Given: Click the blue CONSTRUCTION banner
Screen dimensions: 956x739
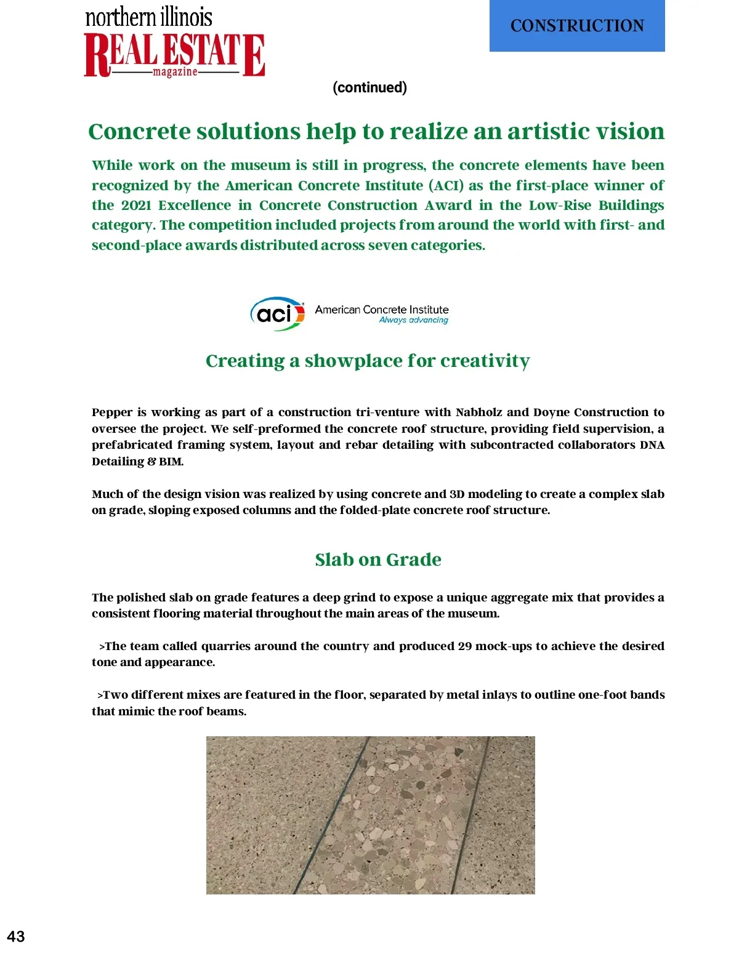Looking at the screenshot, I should click(x=577, y=26).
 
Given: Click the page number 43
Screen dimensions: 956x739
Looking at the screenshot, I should click(x=16, y=936).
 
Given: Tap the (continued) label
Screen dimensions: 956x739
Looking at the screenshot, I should click(x=369, y=87).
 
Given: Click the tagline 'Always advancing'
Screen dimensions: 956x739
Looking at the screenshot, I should click(x=413, y=320).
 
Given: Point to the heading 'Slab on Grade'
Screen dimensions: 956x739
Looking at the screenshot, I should click(x=378, y=560).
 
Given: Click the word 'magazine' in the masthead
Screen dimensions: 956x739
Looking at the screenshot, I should click(x=175, y=72).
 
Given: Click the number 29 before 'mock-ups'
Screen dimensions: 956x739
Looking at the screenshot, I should click(x=465, y=646).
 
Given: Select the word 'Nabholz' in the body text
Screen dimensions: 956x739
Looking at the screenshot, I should click(x=479, y=412).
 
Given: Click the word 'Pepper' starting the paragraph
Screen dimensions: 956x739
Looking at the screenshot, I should click(x=111, y=412).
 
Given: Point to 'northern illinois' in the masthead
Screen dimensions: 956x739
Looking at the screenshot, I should click(x=148, y=17).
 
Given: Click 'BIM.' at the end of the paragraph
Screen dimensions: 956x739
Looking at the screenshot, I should click(x=171, y=461).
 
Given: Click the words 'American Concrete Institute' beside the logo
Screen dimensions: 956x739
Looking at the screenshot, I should click(x=382, y=310).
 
